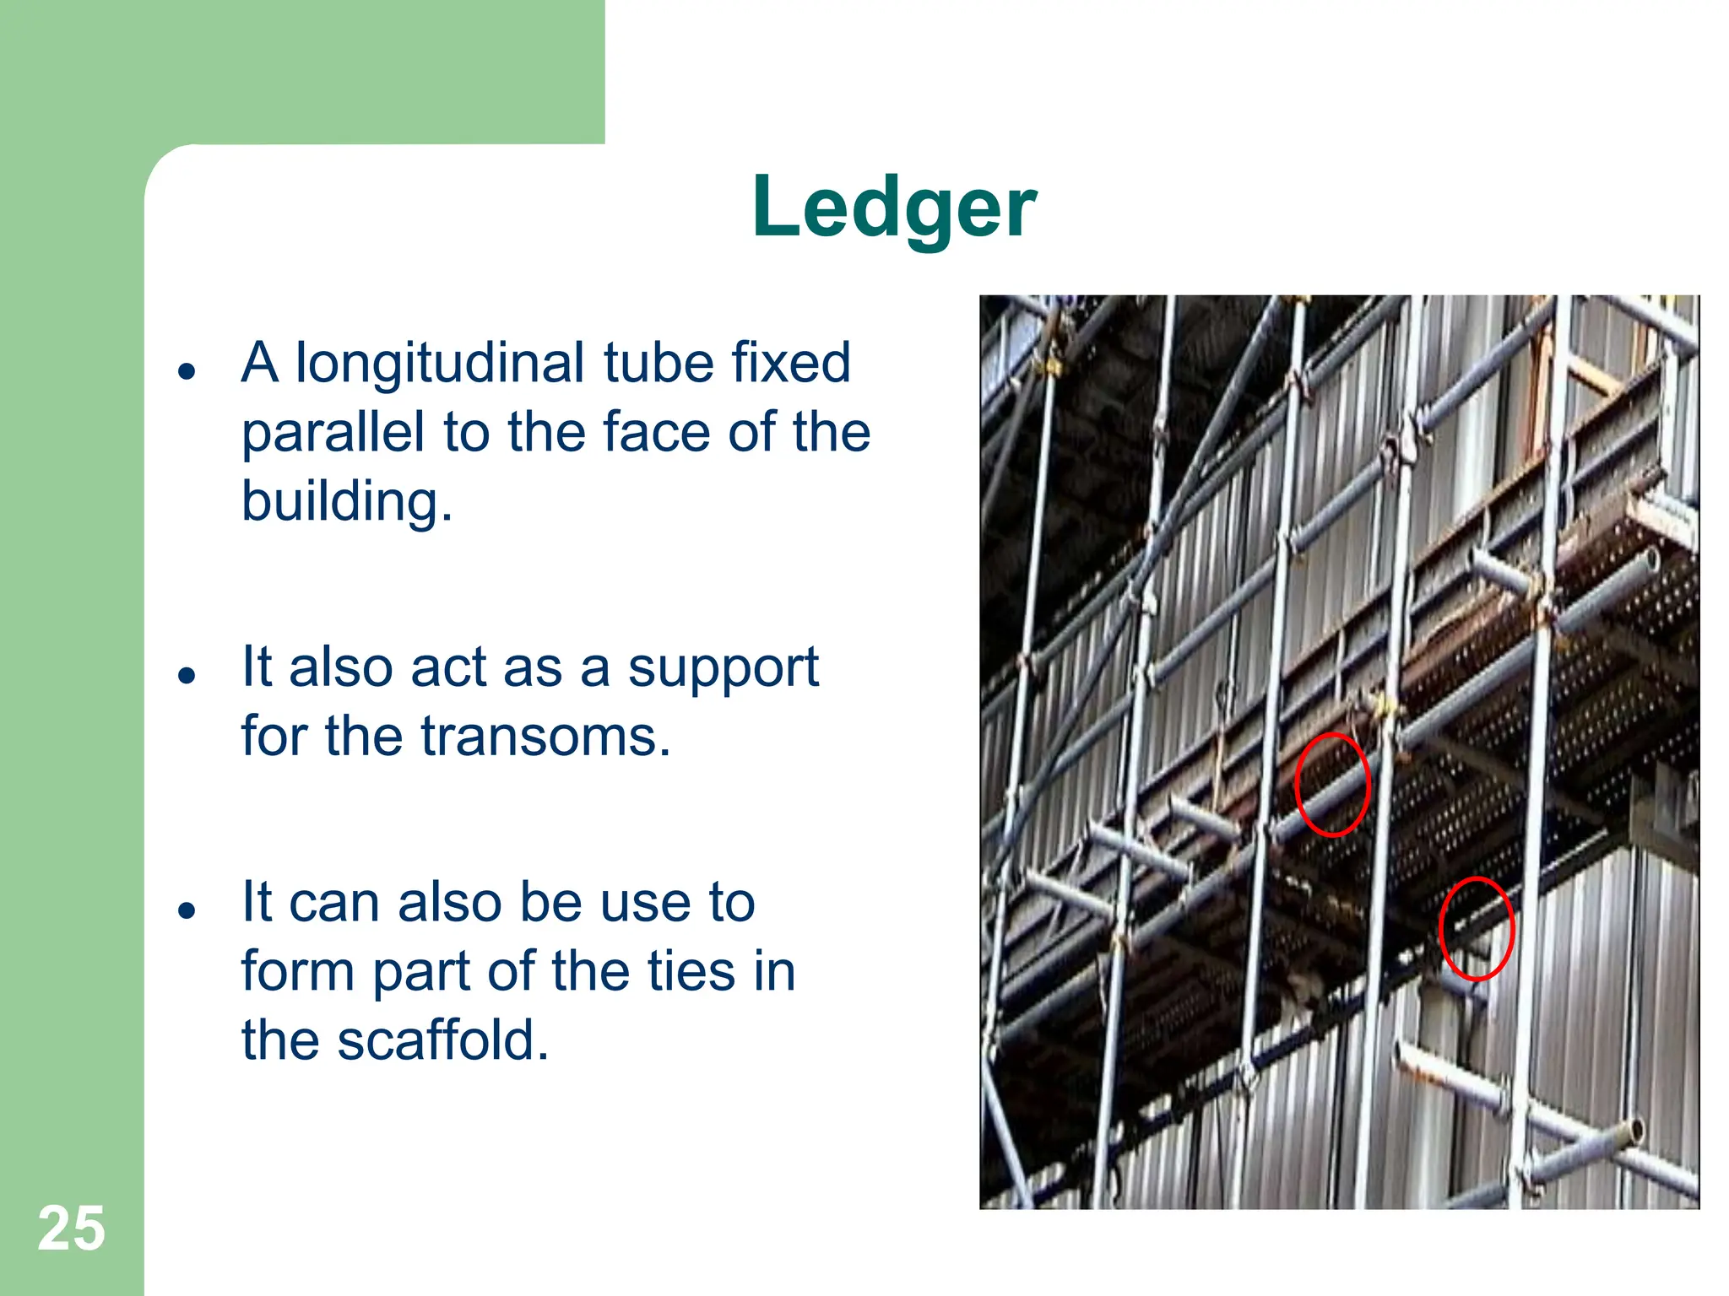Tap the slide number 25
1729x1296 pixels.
pyautogui.click(x=71, y=1228)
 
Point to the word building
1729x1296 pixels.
pyautogui.click(x=346, y=502)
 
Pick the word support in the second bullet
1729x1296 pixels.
pyautogui.click(x=723, y=669)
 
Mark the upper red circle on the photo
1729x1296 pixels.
pyautogui.click(x=1332, y=785)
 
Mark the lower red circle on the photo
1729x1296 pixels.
pyautogui.click(x=1476, y=928)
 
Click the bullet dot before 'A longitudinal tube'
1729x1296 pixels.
pyautogui.click(x=187, y=371)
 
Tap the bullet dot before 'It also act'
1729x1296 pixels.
pyautogui.click(x=187, y=676)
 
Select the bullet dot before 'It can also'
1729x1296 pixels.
pyautogui.click(x=187, y=910)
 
